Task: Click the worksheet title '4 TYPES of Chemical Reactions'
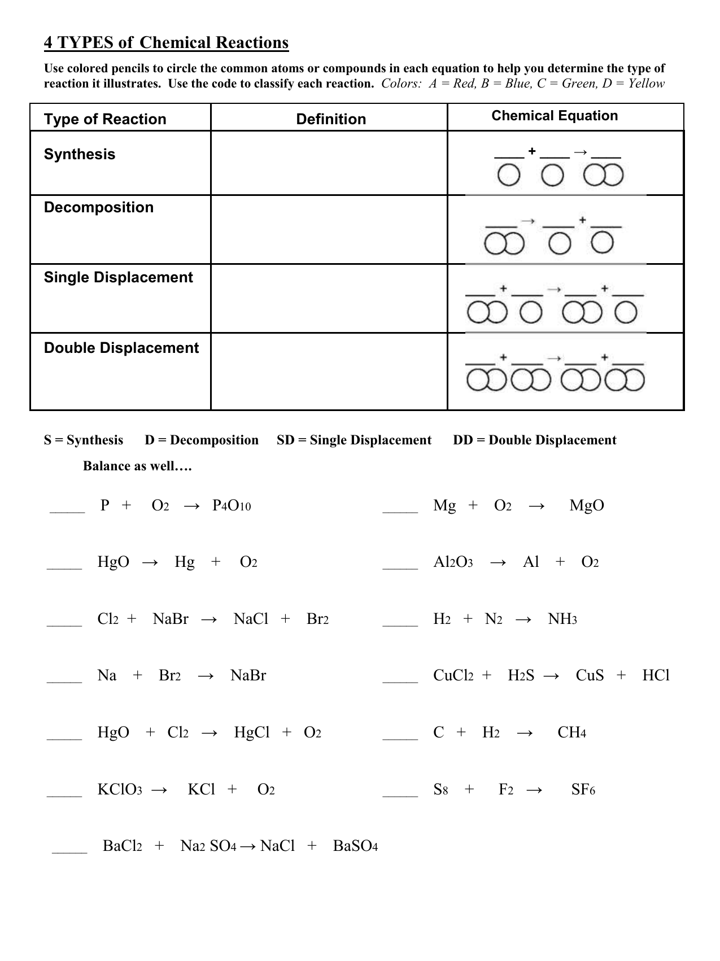click(x=166, y=43)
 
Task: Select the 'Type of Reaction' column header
click(x=105, y=119)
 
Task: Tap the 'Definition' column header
click(x=331, y=119)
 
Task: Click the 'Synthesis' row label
click(x=80, y=154)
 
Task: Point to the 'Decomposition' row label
click(x=99, y=207)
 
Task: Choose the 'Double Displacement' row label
click(x=121, y=348)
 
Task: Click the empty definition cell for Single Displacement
click(x=329, y=298)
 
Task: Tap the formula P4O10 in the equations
click(x=232, y=505)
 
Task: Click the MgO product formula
click(x=587, y=505)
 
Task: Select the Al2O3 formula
click(x=453, y=562)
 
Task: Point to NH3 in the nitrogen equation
click(x=562, y=619)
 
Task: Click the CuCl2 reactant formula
click(x=453, y=675)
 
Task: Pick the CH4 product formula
click(x=571, y=732)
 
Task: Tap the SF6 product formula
click(x=583, y=789)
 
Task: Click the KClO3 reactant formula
click(x=120, y=789)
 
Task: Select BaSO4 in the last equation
click(x=355, y=846)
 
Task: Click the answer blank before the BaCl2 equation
click(x=69, y=850)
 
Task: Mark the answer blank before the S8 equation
click(x=400, y=793)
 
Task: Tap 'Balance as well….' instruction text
click(x=138, y=466)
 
